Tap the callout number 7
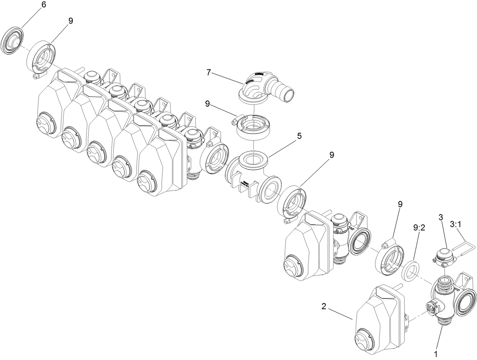[208, 72]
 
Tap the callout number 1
[436, 354]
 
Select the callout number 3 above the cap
[441, 217]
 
